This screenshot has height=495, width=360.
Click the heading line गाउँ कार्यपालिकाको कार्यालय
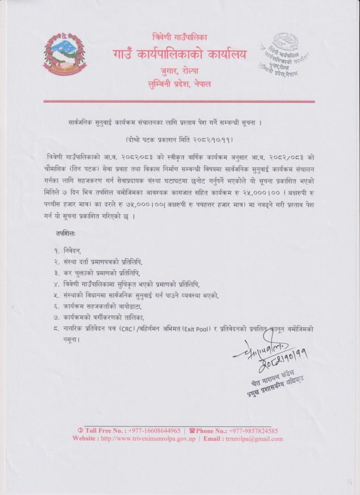180,54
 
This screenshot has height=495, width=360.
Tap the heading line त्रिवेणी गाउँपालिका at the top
180,38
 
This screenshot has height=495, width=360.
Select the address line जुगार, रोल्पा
180,71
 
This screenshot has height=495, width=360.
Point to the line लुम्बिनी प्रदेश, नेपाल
180,84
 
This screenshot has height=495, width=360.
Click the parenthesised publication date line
179,139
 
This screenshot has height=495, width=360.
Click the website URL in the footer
152,438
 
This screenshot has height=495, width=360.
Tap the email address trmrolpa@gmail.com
253,438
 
